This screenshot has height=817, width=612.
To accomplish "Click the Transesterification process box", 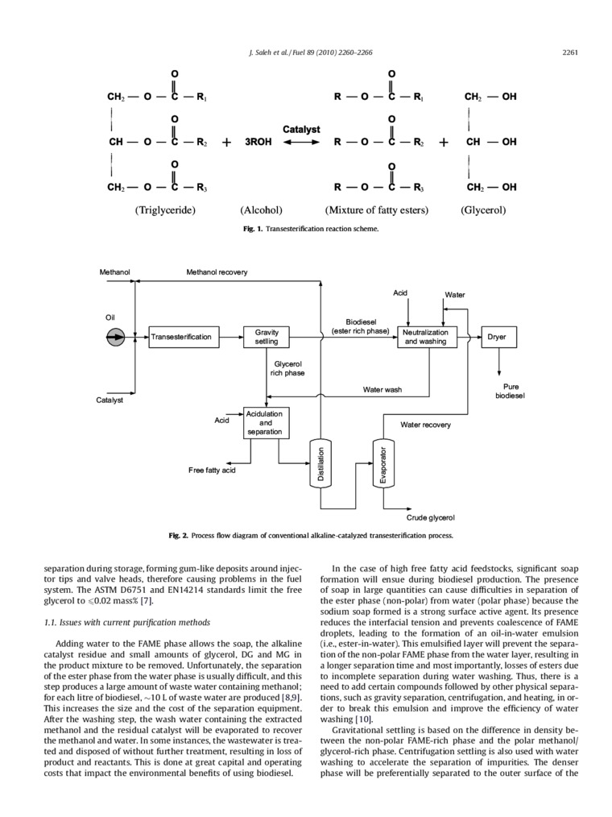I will [x=182, y=337].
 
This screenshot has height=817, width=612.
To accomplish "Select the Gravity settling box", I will [x=267, y=337].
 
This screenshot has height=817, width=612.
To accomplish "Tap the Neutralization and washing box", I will [x=426, y=337].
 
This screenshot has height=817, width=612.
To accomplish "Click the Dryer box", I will [x=497, y=337].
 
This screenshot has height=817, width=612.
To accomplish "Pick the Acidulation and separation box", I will [x=266, y=422].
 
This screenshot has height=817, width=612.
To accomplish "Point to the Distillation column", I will [x=320, y=465].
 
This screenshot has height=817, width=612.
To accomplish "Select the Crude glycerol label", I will [x=431, y=517].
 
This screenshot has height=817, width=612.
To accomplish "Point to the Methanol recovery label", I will [x=217, y=272].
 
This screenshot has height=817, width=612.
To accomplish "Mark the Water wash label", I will [x=382, y=390].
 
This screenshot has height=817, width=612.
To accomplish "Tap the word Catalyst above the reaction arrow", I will [x=301, y=128].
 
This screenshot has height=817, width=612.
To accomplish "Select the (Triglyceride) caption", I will [x=166, y=210].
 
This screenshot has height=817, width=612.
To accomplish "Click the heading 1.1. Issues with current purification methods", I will [x=125, y=622].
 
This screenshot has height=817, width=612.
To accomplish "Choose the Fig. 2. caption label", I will [x=178, y=535].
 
